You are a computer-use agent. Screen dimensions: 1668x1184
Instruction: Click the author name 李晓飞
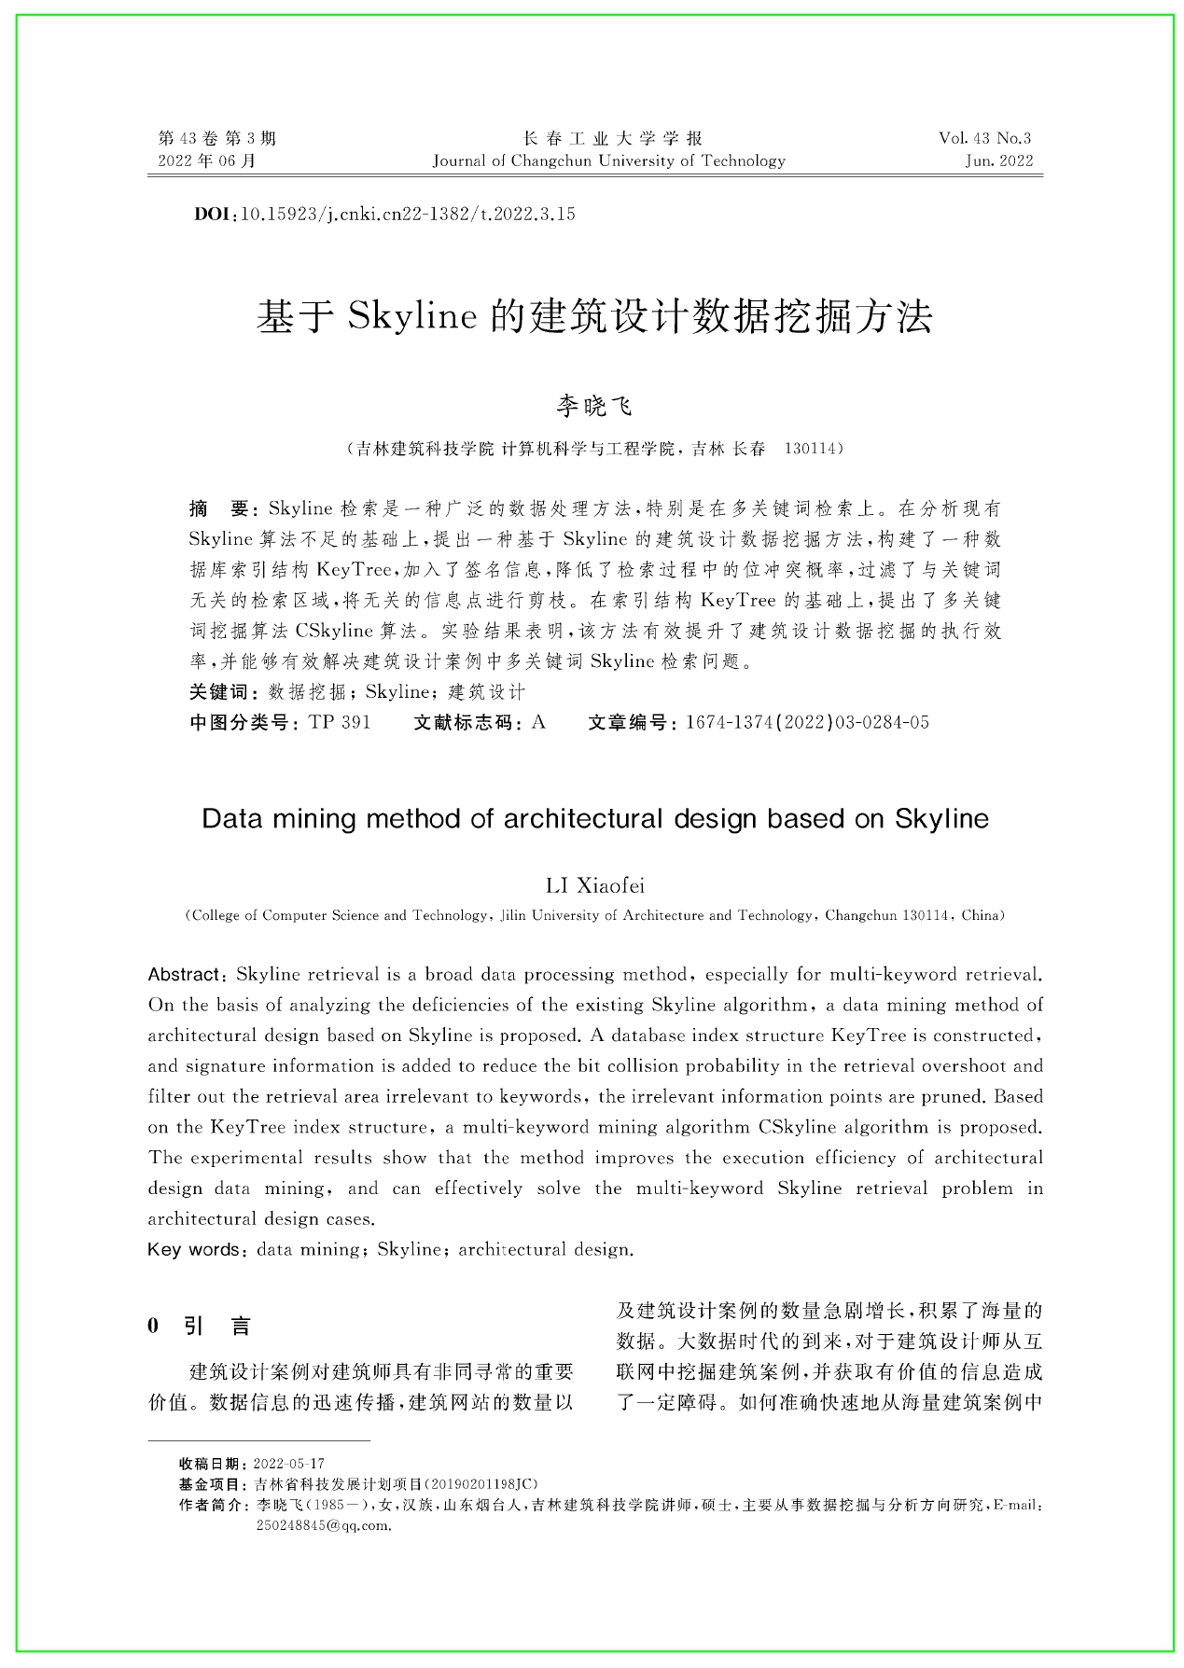click(594, 406)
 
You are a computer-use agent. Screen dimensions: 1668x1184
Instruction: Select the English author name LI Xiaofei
click(594, 885)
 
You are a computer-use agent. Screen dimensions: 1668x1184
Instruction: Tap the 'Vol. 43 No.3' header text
click(985, 138)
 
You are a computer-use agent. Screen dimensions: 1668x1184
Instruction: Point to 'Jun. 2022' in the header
click(999, 160)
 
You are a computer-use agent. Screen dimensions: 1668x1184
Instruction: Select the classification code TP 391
click(339, 722)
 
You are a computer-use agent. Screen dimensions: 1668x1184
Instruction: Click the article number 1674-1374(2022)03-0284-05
click(807, 722)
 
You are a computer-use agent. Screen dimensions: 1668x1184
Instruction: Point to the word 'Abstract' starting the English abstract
click(183, 975)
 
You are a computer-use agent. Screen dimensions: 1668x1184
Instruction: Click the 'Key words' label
click(192, 1249)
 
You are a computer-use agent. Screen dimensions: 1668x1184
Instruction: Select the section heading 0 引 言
click(200, 1326)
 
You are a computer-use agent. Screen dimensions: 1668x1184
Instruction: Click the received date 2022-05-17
click(289, 1464)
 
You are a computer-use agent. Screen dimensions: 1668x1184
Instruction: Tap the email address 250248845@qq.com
click(322, 1525)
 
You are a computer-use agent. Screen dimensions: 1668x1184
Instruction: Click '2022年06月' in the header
click(207, 160)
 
